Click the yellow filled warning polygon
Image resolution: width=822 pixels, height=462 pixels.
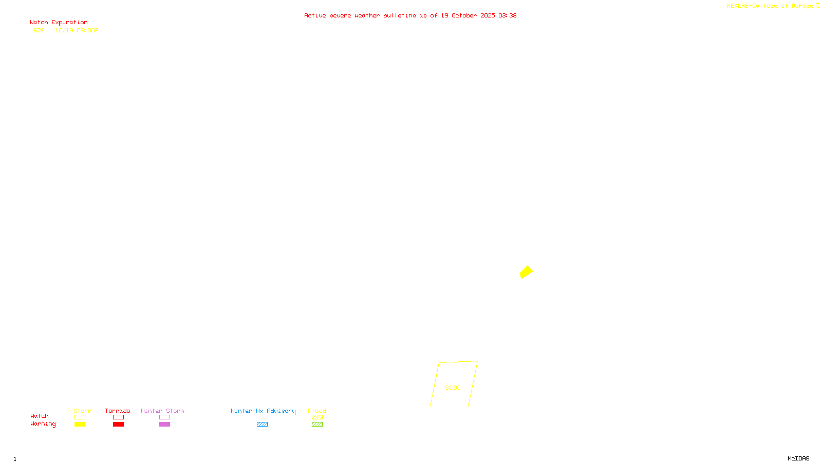coord(526,272)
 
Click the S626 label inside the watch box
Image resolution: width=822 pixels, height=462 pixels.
coord(452,388)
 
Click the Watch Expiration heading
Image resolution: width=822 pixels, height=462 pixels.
coord(59,23)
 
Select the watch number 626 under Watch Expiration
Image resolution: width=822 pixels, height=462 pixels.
coord(39,31)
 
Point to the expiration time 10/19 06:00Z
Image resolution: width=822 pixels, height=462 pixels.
coord(77,31)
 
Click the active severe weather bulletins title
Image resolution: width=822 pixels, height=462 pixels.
coord(410,16)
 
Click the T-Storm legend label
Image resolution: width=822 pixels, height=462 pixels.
coord(79,411)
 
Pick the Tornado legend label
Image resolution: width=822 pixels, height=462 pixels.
coord(118,411)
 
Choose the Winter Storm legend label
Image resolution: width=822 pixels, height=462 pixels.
coord(162,411)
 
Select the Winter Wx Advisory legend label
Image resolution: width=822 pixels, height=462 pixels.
coord(263,411)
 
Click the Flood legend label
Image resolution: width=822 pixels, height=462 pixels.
coord(317,411)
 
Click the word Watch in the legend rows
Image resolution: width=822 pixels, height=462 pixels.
coord(40,416)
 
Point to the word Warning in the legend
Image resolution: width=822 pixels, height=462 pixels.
coord(43,424)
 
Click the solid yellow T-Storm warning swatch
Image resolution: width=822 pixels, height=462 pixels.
coord(80,425)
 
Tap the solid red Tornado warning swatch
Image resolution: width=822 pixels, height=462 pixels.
coord(118,425)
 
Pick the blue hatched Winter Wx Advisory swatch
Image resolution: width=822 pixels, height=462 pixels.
coord(262,425)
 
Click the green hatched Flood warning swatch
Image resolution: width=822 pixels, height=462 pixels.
coord(317,425)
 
